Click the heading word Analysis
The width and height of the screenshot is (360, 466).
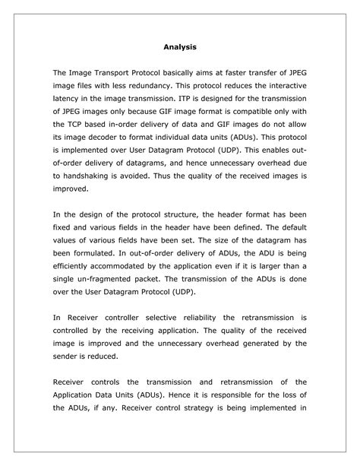point(180,47)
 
